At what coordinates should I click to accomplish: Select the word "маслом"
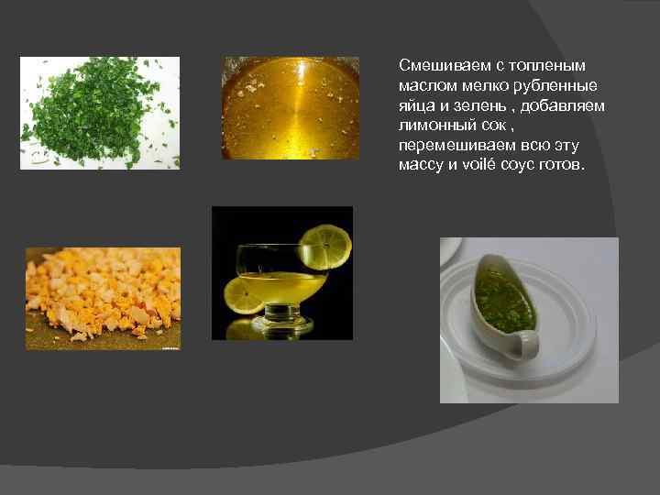pos(422,86)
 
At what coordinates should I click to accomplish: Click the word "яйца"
pos(414,106)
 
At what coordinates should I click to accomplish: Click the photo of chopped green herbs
pos(100,113)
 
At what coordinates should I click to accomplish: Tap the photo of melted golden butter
pos(290,108)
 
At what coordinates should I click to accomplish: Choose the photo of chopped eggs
pos(103,298)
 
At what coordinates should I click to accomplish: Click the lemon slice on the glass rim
pos(324,243)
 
